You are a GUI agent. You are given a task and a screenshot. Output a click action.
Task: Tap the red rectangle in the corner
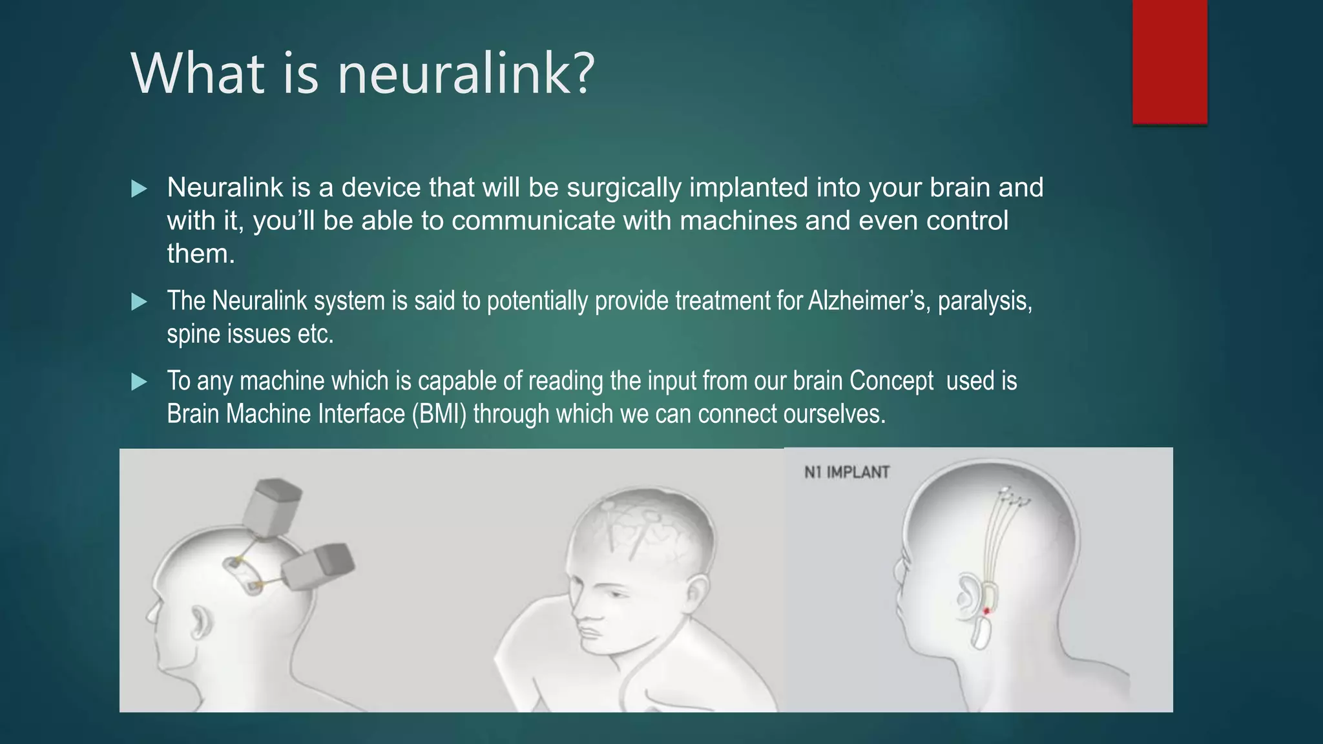tap(1169, 61)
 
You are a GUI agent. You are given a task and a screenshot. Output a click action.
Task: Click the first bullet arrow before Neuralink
tap(139, 189)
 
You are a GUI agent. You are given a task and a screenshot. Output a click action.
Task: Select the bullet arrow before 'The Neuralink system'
tap(139, 302)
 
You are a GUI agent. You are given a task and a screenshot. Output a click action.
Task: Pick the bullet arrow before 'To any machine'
tap(139, 382)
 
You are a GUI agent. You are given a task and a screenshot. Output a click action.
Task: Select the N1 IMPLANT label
tap(846, 472)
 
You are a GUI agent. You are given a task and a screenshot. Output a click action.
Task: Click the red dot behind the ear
tap(986, 610)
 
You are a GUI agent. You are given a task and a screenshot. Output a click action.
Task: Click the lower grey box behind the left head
tap(318, 566)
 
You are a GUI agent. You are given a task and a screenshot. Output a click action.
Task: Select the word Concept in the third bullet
tap(891, 381)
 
